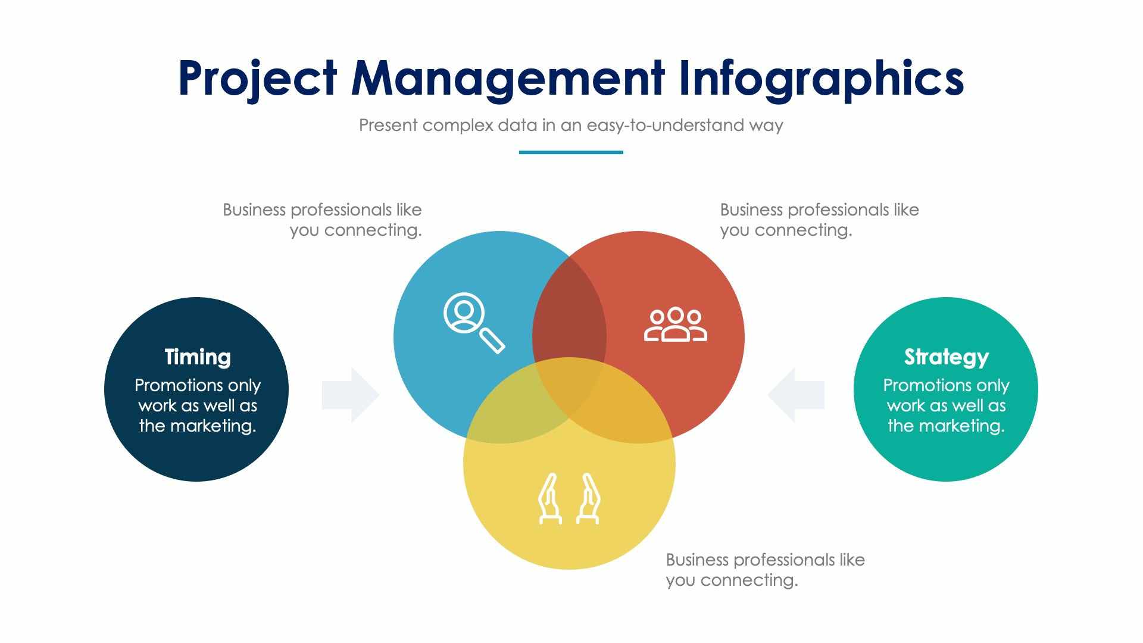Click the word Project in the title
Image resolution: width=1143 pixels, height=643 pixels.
[258, 79]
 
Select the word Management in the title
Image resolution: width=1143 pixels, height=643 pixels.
[508, 78]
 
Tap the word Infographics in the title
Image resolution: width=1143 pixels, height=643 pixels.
[821, 79]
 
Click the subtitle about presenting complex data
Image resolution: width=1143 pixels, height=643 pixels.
[571, 126]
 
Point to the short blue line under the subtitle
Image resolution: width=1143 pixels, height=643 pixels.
[571, 152]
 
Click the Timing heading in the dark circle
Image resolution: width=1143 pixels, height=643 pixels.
[198, 357]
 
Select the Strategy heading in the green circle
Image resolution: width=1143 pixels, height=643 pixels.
[946, 357]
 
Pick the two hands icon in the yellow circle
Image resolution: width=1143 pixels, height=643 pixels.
[569, 499]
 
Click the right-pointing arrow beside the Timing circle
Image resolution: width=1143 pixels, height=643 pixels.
[351, 395]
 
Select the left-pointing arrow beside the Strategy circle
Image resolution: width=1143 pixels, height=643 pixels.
[796, 395]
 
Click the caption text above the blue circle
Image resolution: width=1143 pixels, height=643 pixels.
[322, 220]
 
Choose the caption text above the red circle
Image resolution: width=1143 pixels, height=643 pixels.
[819, 220]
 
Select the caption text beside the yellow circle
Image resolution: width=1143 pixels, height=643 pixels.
[765, 570]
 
